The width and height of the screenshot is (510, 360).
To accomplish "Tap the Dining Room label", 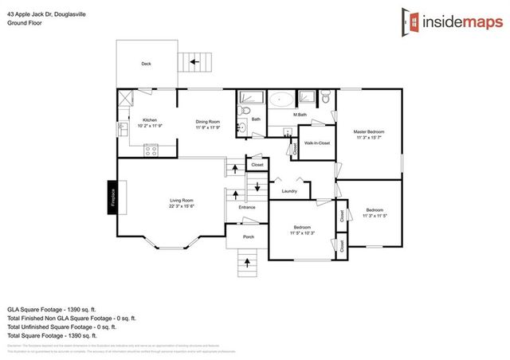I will point(207,120).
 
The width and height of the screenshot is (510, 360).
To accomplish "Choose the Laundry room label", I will point(289,190).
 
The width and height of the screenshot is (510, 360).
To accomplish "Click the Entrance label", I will point(247,208).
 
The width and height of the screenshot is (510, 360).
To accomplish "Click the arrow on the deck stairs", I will point(194,61).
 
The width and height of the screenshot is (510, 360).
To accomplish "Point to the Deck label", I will point(146,64).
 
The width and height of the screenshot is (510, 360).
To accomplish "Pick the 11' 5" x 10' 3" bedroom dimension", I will point(300,232).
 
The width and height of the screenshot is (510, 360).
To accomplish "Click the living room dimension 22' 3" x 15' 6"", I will point(182,206).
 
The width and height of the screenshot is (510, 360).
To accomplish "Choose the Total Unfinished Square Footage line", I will point(61,327).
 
